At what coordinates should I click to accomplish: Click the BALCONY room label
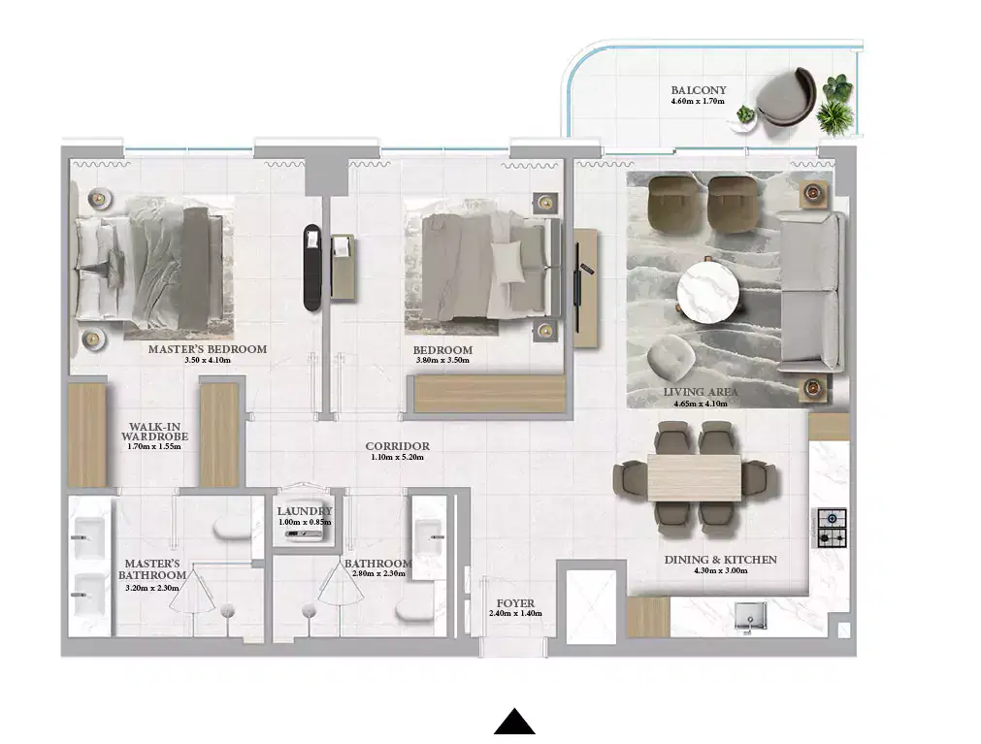click(698, 90)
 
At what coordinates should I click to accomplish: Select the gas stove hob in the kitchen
click(832, 527)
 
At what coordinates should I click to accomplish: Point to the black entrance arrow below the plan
click(514, 722)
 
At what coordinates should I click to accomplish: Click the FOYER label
click(514, 603)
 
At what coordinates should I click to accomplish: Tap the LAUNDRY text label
click(304, 511)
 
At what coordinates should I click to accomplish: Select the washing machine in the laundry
click(304, 534)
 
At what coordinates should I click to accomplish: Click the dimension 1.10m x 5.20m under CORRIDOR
click(398, 458)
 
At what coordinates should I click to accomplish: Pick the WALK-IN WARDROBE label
click(154, 432)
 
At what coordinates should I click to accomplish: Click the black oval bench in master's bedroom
click(311, 267)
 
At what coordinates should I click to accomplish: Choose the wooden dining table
click(694, 477)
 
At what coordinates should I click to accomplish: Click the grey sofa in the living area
click(810, 292)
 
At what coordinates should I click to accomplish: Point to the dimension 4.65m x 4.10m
click(701, 404)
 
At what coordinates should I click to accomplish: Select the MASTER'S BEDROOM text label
click(207, 349)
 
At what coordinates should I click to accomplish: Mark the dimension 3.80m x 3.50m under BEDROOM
click(442, 361)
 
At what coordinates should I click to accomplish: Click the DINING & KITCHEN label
click(720, 560)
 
